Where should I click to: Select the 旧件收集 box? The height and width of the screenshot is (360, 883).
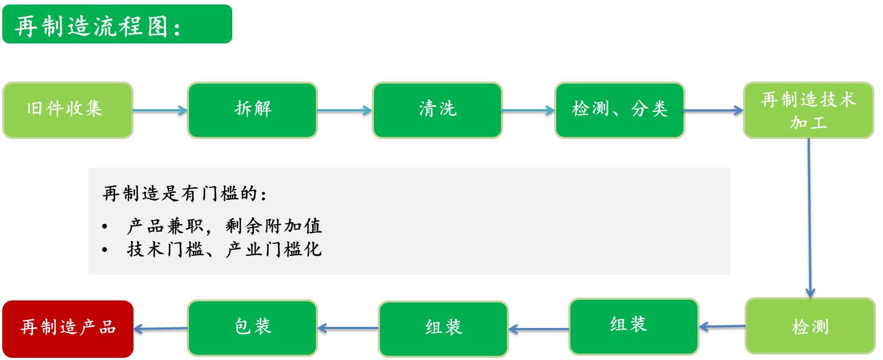point(68,110)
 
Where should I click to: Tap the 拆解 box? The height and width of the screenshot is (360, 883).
point(252,110)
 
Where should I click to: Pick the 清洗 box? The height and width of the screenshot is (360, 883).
point(437,110)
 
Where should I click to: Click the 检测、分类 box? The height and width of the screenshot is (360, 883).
point(620,110)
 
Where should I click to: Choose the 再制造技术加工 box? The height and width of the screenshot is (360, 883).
point(809,110)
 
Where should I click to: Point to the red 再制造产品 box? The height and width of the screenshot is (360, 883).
point(68,329)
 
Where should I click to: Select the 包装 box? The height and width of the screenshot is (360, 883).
point(252,328)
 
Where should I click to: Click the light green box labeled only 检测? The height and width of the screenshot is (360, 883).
point(810,326)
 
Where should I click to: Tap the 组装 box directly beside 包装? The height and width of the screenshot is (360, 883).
point(443,329)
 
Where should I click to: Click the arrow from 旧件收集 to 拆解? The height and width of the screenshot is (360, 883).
point(160,110)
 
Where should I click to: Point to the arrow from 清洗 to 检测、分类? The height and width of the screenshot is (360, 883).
point(528,110)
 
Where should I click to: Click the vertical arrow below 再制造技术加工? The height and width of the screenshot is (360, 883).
point(809,218)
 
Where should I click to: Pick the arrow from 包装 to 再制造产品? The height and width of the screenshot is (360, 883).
point(161,329)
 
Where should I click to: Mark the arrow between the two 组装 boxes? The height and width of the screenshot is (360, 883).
point(538,329)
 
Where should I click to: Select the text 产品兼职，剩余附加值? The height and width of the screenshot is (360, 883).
point(224,226)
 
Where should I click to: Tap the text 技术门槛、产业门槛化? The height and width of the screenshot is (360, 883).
point(224,249)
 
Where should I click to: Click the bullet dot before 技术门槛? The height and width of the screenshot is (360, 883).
point(104,250)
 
